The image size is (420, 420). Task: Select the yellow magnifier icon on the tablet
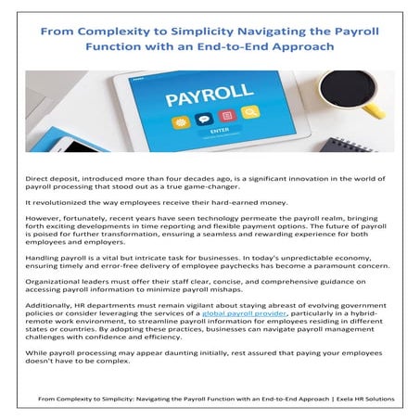(x=248, y=113)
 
